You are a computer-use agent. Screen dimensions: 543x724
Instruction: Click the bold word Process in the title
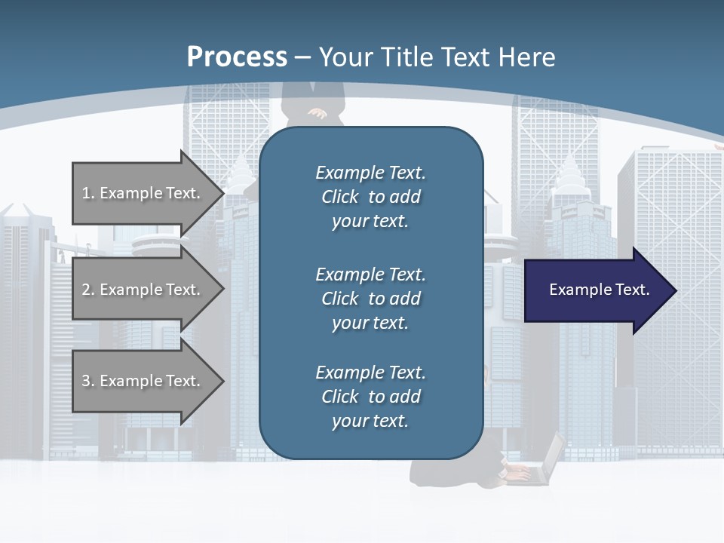[x=237, y=57]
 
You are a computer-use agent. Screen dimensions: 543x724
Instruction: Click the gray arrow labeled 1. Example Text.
[x=143, y=193]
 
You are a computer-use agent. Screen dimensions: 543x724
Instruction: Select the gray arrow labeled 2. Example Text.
[x=143, y=290]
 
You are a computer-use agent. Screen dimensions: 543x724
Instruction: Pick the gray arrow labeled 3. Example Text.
[x=143, y=381]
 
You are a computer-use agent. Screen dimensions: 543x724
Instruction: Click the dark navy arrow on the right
[x=596, y=290]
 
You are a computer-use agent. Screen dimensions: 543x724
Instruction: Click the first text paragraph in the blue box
[x=370, y=197]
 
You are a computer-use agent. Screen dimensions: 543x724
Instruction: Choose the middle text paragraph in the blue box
[x=370, y=299]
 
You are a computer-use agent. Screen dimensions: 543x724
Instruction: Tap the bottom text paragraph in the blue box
[x=370, y=397]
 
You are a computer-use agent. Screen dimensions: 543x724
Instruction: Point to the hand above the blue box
[x=318, y=114]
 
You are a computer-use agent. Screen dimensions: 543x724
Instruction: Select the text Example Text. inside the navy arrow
[x=599, y=290]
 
